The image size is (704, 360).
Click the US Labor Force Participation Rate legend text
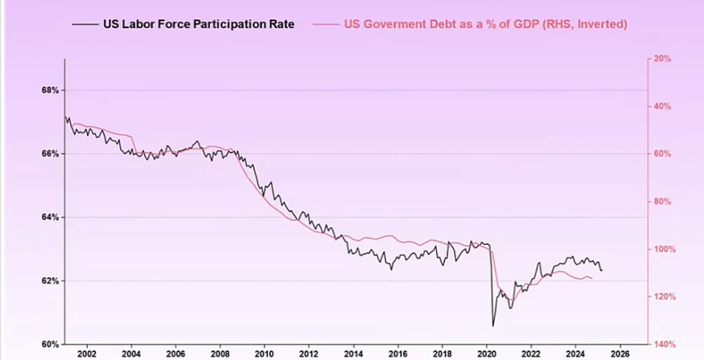tap(199, 24)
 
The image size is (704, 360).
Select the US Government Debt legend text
tap(486, 24)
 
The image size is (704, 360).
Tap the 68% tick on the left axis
tap(50, 90)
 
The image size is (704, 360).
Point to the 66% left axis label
tap(50, 153)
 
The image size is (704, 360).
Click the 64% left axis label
tap(50, 217)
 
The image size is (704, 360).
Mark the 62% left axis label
tap(50, 280)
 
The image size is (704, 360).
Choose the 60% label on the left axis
tap(50, 344)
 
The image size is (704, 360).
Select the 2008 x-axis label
tap(220, 353)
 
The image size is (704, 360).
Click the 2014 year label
tap(353, 353)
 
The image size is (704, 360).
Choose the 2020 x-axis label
tap(486, 353)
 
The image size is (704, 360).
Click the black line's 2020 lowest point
tap(493, 326)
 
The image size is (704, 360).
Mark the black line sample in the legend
tap(84, 24)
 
